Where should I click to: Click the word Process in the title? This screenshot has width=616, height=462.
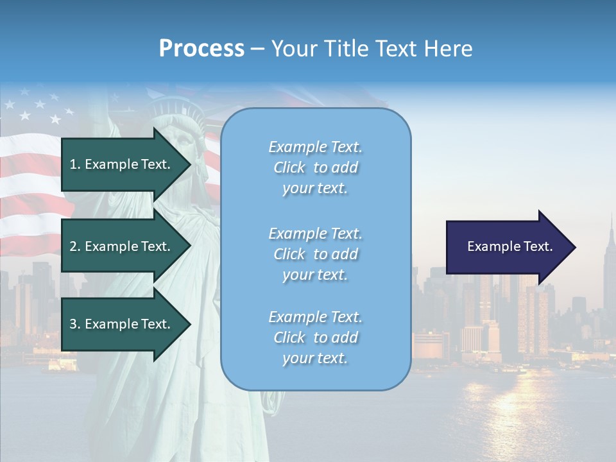(201, 49)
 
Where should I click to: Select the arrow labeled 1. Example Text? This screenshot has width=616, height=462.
(122, 164)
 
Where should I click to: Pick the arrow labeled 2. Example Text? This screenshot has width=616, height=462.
(122, 246)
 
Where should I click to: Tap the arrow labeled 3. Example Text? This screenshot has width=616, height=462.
(122, 324)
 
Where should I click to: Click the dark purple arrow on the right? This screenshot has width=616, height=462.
(507, 246)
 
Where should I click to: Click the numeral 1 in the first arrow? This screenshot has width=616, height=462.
(73, 164)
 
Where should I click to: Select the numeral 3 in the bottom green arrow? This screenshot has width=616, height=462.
(73, 324)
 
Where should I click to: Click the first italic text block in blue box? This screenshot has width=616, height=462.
(315, 167)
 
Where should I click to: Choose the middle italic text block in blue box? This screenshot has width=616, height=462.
(315, 254)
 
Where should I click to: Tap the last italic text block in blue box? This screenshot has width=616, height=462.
(315, 338)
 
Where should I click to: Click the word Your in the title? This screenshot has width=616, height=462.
(293, 49)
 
